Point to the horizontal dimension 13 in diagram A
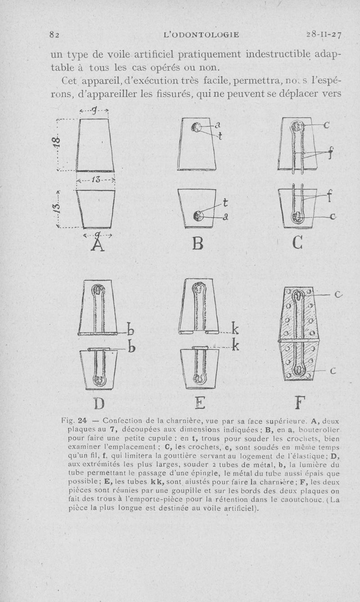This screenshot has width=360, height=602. pos(96,180)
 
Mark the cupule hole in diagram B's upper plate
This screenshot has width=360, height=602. pos(197,127)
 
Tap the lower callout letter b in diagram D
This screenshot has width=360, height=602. pos(133,349)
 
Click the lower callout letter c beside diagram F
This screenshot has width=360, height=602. pos(333,371)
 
